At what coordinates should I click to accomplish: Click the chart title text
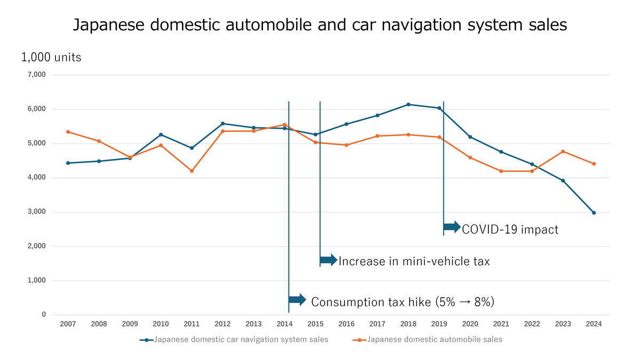[320, 25]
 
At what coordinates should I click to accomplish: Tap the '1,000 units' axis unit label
[51, 57]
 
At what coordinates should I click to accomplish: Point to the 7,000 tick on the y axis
[36, 75]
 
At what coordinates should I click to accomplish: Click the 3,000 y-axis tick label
[36, 212]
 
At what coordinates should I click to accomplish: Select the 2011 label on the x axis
[191, 324]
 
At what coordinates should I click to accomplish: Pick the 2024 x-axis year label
[594, 324]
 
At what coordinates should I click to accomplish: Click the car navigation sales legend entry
[235, 339]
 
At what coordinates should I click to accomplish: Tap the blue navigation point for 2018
[408, 105]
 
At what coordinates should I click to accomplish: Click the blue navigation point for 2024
[594, 213]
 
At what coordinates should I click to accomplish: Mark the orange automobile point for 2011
[191, 171]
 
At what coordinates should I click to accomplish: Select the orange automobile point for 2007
[68, 132]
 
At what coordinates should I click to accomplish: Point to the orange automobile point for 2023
[563, 151]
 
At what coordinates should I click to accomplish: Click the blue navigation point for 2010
[161, 134]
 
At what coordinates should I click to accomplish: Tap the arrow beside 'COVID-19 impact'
[452, 227]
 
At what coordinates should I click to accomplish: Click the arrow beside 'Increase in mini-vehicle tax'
[329, 260]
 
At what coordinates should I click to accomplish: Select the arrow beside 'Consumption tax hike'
[297, 300]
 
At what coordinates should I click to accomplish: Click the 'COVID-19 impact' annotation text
[510, 229]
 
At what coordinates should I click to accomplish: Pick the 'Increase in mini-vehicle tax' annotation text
[414, 261]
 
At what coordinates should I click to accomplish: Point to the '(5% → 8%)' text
[465, 302]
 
